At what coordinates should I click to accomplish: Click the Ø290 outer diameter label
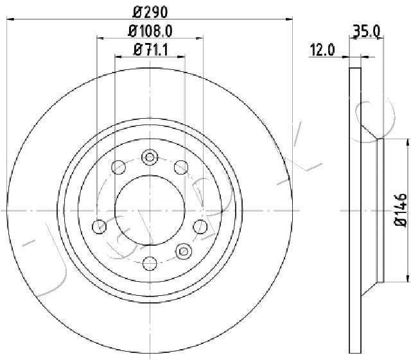coord(150,12)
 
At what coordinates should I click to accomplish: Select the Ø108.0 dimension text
coord(150,31)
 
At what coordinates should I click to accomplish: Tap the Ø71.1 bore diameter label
coord(150,50)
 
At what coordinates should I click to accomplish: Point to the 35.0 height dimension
coord(367,31)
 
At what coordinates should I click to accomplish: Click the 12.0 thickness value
coord(322,50)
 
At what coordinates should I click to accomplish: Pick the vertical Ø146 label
coord(400,210)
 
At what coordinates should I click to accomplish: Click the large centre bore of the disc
coord(150,210)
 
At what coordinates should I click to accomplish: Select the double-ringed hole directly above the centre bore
coord(150,157)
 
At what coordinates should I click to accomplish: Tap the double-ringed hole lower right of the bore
coord(184,252)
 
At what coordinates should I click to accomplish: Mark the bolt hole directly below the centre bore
coord(150,263)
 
